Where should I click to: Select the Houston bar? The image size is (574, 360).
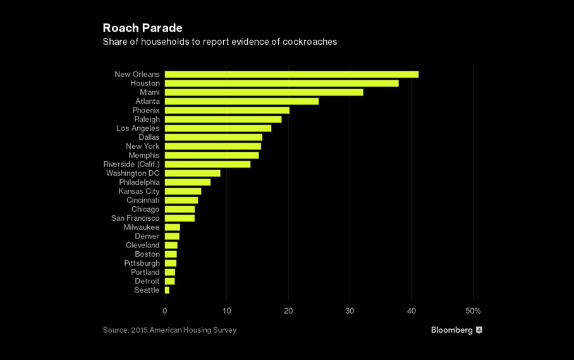[x=281, y=84]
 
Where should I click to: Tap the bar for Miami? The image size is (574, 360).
[x=264, y=92]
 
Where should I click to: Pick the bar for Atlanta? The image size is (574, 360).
[x=241, y=101]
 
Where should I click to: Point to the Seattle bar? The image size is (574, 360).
[x=167, y=290]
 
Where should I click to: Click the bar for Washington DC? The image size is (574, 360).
[x=192, y=173]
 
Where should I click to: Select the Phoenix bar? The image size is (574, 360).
[x=227, y=110]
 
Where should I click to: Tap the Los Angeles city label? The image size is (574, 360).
[x=138, y=128]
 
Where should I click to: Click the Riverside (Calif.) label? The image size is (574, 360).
[x=131, y=164]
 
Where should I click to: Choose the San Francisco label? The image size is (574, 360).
[x=135, y=218]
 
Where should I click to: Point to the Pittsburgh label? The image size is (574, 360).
[x=142, y=263]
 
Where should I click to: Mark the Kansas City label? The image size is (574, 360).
[x=139, y=191]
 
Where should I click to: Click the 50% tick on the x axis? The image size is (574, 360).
[x=473, y=311]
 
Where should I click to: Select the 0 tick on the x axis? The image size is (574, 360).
[x=165, y=311]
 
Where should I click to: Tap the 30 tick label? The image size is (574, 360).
[x=350, y=311]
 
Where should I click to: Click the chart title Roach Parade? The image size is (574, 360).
[x=142, y=28]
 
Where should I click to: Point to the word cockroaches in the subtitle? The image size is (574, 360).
[x=308, y=42]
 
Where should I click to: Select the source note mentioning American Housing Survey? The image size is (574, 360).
[x=169, y=330]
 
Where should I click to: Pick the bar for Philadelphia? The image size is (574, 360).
[x=188, y=182]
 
